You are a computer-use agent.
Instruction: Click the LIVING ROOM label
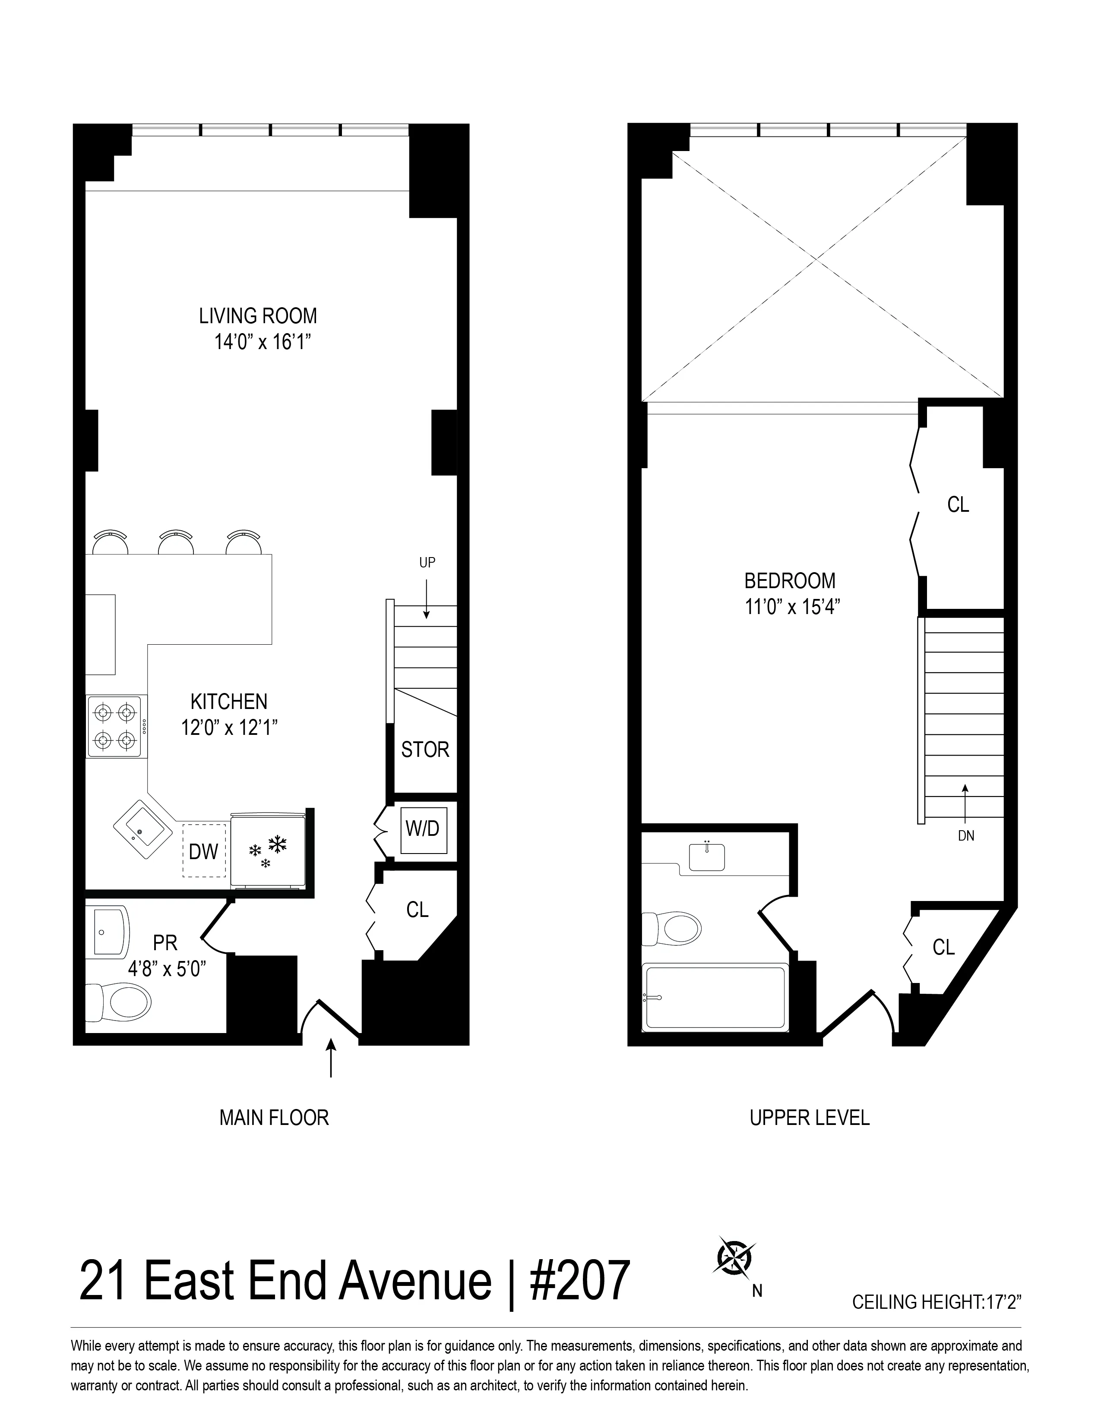[258, 316]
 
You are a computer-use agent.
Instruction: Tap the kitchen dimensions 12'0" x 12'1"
[230, 728]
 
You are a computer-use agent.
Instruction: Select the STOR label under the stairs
[424, 750]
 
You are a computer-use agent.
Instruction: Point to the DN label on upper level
[966, 836]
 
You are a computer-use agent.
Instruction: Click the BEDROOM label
[790, 580]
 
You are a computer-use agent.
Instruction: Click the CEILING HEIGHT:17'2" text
[936, 1302]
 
